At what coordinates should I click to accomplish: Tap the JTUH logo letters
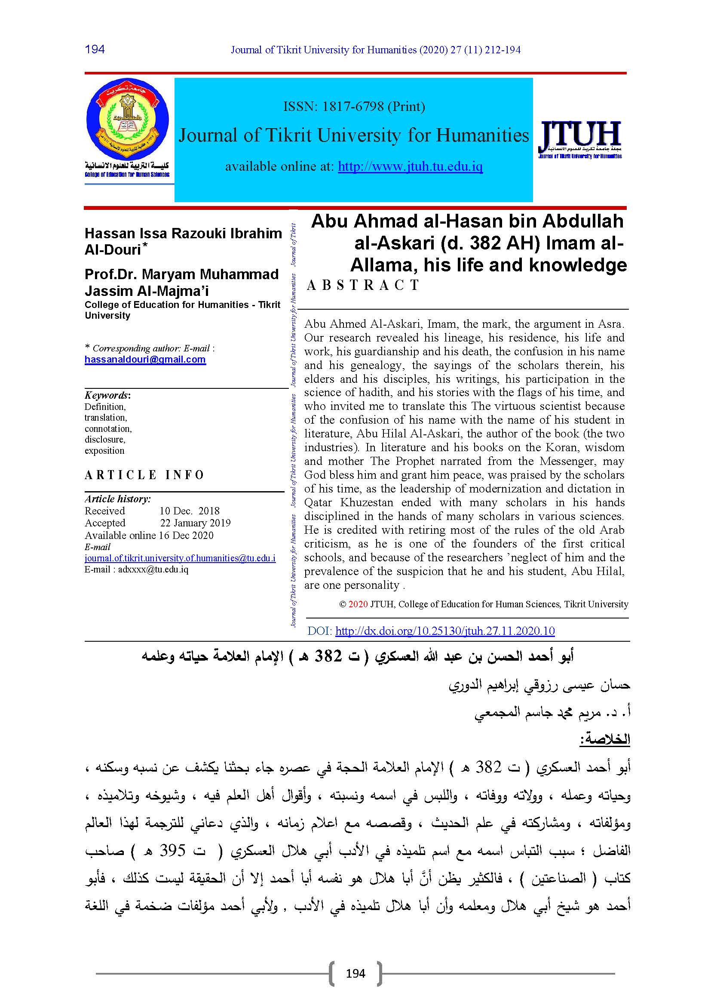pos(579,135)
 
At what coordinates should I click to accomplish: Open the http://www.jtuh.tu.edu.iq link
pos(410,166)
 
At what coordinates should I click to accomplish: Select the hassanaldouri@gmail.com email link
pos(145,360)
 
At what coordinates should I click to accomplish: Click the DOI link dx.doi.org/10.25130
pos(445,631)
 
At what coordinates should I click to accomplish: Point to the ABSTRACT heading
pos(364,285)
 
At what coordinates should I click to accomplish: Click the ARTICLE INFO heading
pos(144,475)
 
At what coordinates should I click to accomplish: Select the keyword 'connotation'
pos(108,428)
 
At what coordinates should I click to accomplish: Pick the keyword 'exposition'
pos(104,450)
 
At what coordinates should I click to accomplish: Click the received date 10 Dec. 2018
pos(189,511)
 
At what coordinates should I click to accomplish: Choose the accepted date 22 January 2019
pos(195,523)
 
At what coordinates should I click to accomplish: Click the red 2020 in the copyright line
pos(358,604)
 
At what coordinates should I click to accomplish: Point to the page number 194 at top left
pos(95,49)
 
